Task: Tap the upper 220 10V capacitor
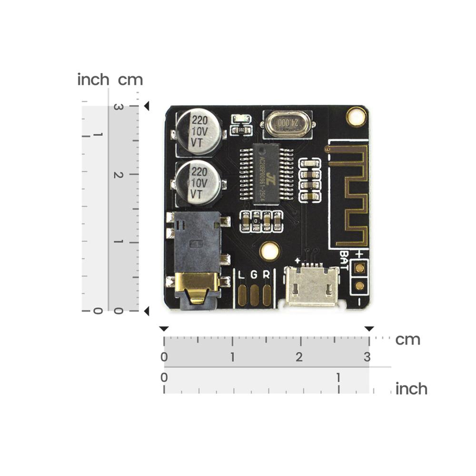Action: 198,132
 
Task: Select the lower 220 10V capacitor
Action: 198,182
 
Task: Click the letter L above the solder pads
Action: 242,275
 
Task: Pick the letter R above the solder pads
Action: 267,275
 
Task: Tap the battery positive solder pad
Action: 360,268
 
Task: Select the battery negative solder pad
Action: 360,286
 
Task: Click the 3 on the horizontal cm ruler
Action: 367,357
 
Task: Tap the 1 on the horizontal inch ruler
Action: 338,378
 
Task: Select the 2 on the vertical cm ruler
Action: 119,175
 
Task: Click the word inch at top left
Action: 93,79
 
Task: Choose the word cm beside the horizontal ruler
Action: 408,340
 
